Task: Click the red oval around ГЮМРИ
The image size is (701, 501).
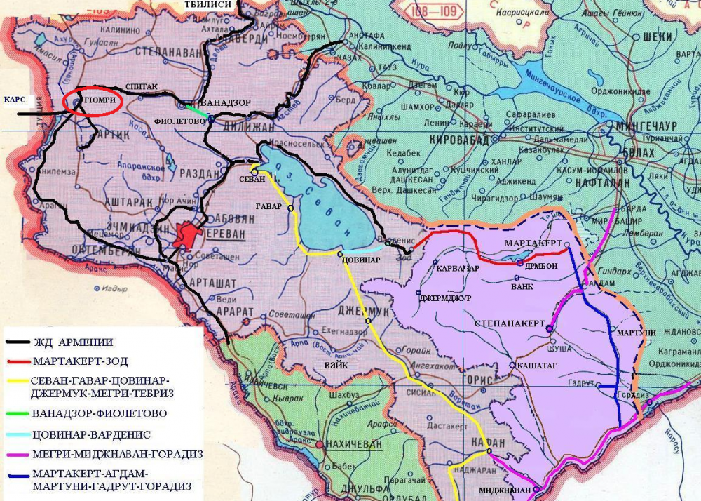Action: [x=93, y=102]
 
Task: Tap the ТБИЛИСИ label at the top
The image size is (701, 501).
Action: [x=207, y=5]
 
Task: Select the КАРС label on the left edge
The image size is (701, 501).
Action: [x=15, y=99]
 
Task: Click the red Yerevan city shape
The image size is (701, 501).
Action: [x=187, y=234]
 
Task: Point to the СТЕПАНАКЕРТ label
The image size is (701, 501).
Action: [x=510, y=323]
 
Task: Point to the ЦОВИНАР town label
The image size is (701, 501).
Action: [x=361, y=260]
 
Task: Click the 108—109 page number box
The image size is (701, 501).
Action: [x=433, y=12]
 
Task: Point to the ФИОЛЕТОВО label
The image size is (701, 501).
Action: [x=179, y=121]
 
